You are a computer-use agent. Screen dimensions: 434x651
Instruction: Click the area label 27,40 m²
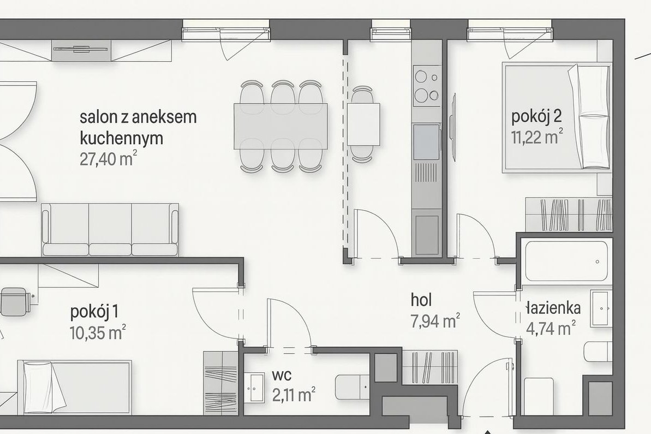tap(108, 158)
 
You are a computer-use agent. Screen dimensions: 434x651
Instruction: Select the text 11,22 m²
tap(537, 137)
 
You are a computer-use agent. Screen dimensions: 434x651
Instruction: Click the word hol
tap(421, 300)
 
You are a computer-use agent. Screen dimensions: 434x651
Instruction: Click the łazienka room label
tap(551, 308)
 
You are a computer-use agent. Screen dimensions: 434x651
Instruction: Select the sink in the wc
tap(255, 387)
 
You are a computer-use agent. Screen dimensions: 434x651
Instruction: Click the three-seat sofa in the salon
tap(110, 229)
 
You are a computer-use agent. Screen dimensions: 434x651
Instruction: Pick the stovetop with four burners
tap(426, 86)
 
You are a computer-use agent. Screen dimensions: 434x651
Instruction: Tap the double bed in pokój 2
tap(556, 116)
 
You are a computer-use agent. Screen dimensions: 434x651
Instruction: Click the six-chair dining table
tap(281, 125)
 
